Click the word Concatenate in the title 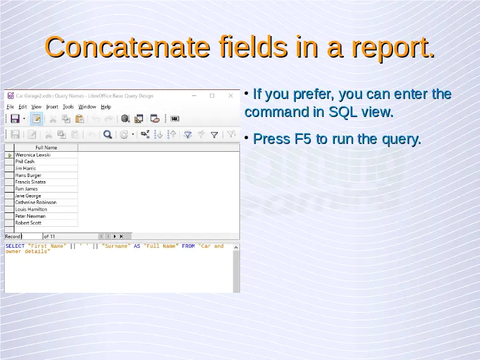pos(127,47)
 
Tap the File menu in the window pos(10,107)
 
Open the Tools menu pos(68,107)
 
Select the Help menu pos(106,107)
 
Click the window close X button pos(230,96)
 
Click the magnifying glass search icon pos(107,134)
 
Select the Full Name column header pos(46,148)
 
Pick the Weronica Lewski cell pos(33,155)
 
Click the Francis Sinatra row pos(31,182)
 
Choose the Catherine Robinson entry pos(36,202)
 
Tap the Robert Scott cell pos(28,223)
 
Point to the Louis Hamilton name pos(31,209)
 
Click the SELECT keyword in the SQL pos(15,246)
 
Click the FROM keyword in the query pos(188,246)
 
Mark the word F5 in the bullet pos(302,139)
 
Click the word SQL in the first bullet pos(343,112)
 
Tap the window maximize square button pos(212,96)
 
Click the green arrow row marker pos(10,155)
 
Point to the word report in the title pos(393,48)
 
